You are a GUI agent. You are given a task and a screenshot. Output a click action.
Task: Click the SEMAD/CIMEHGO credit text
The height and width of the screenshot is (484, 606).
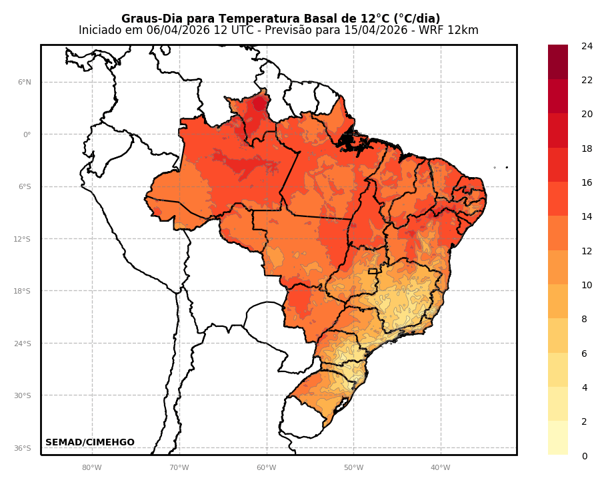click(x=89, y=443)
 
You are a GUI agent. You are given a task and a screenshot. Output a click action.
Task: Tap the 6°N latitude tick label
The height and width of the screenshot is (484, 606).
click(x=24, y=83)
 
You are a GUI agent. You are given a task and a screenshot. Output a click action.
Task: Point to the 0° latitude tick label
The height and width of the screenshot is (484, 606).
click(x=27, y=134)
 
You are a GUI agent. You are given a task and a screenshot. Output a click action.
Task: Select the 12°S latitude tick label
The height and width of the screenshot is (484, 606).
click(x=23, y=239)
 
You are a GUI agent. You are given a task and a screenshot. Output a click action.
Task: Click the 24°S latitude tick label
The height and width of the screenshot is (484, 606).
click(x=23, y=344)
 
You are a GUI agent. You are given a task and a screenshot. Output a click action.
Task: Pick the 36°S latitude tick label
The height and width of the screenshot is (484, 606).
click(x=23, y=448)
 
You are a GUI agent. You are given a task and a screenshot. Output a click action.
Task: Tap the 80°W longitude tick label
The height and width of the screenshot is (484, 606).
click(x=92, y=467)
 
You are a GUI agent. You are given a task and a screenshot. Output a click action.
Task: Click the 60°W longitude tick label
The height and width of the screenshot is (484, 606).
click(x=266, y=467)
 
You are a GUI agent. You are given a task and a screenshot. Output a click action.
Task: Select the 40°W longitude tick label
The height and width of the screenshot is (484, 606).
click(x=440, y=467)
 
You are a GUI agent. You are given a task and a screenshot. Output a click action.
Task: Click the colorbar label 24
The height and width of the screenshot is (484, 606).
click(x=587, y=46)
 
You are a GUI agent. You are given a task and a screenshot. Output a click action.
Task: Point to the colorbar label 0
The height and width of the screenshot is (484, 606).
click(x=584, y=456)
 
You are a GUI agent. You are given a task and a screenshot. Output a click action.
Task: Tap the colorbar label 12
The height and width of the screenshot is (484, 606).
click(x=587, y=251)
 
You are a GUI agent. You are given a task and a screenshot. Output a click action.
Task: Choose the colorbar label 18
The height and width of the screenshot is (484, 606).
click(x=587, y=148)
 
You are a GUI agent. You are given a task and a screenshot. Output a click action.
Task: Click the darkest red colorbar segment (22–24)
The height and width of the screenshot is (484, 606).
click(x=558, y=62)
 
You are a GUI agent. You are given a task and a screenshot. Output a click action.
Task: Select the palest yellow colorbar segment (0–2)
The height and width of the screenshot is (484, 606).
click(x=558, y=438)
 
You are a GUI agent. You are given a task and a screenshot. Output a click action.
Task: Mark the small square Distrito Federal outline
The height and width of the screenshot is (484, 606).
click(x=373, y=271)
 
